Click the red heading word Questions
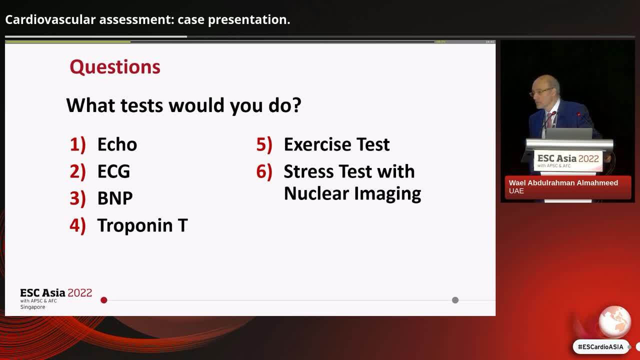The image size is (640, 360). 115,67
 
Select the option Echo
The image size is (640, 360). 117,144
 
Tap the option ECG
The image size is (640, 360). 113,171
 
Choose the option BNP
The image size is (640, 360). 115,198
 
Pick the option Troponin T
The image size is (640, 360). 142,225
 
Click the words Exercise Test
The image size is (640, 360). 336,144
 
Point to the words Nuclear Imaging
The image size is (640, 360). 352,193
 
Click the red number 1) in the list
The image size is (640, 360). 77,144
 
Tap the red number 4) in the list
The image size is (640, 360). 77,225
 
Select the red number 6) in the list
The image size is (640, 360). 264,171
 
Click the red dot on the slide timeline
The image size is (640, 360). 104,300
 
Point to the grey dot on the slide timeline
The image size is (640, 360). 455,300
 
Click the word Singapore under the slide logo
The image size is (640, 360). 32,307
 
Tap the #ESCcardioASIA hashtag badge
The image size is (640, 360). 600,347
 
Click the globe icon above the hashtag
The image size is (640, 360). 614,321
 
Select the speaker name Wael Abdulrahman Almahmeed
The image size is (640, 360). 563,183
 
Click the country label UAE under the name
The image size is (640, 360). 516,191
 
